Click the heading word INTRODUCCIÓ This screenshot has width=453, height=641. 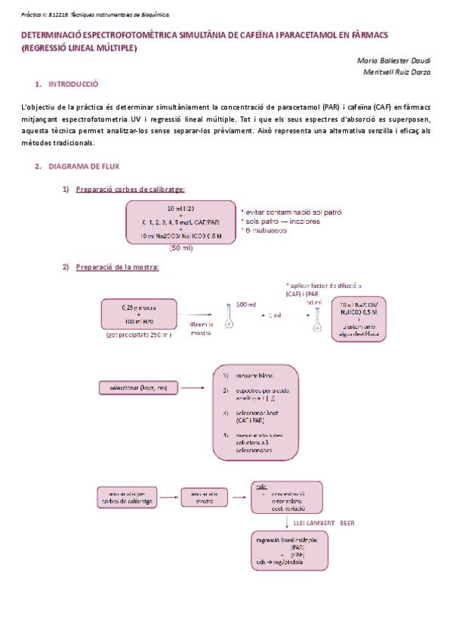tap(73, 84)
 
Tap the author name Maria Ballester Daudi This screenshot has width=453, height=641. tap(390, 60)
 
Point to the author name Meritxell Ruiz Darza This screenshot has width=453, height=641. tap(392, 72)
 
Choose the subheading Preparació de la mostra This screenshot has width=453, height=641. tap(117, 266)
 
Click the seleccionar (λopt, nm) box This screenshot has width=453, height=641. tap(138, 389)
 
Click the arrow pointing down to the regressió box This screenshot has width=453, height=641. tap(288, 522)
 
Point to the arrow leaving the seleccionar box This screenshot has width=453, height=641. tap(193, 389)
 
